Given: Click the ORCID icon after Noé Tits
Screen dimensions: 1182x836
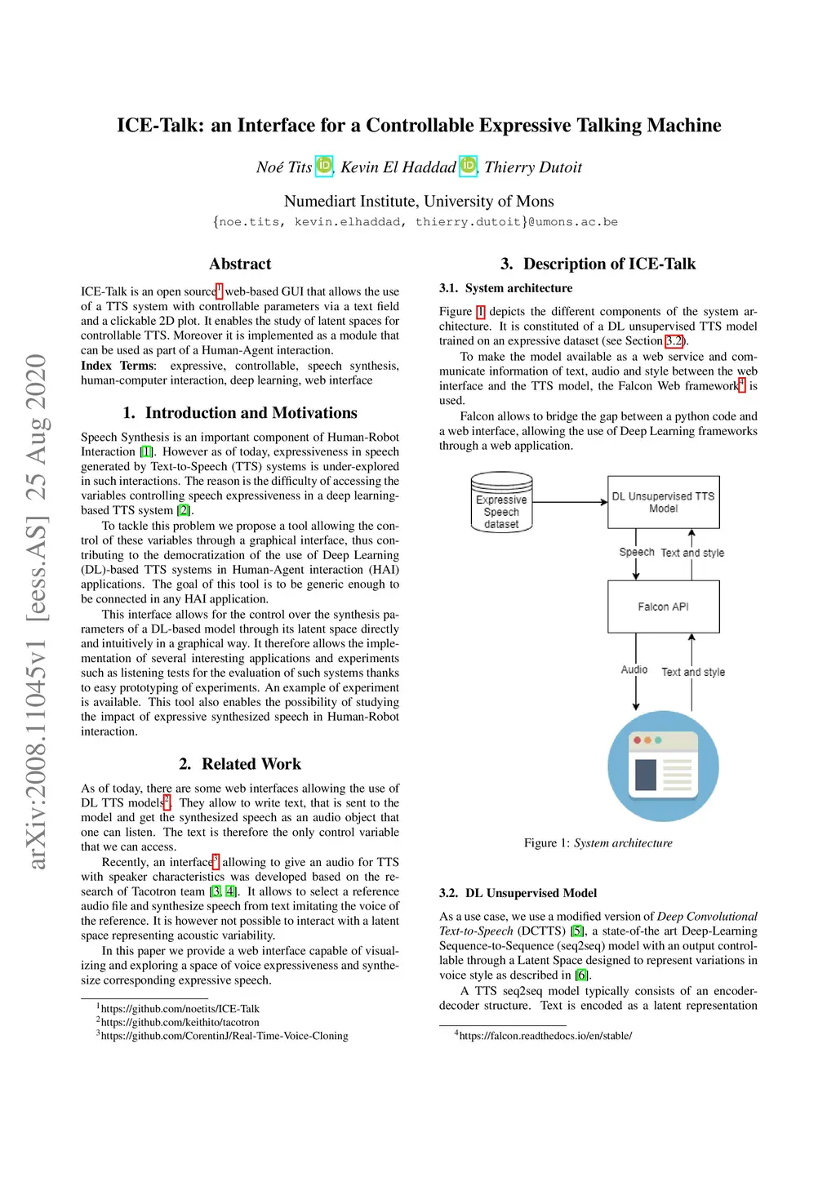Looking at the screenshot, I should tap(324, 166).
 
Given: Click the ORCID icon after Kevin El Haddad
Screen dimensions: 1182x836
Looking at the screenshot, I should tap(468, 166).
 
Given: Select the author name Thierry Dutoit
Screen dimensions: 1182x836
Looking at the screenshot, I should tap(533, 167).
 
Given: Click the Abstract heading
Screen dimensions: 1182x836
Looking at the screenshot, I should tap(240, 264).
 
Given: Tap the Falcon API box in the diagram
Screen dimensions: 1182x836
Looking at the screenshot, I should tap(663, 607).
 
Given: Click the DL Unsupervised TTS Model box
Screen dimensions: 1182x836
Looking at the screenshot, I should tap(663, 502).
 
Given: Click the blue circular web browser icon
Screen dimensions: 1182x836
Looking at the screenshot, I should tap(663, 766).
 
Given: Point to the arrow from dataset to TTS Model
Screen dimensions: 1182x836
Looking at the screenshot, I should tap(570, 502).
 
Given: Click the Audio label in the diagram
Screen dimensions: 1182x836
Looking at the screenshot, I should tap(634, 669).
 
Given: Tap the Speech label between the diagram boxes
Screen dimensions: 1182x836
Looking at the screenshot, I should tap(637, 552).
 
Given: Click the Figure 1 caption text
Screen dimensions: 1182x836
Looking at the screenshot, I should tap(598, 842).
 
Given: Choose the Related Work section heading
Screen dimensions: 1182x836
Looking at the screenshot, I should tap(240, 764).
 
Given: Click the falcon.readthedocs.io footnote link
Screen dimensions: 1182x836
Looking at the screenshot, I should tap(545, 1036).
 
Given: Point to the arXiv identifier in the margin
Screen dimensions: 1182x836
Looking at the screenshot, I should tap(37, 612).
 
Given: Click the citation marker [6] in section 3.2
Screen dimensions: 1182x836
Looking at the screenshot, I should tap(581, 975).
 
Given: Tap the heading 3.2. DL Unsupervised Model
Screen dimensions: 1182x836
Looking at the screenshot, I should tap(518, 893).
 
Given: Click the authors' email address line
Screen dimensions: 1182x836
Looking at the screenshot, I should tap(416, 222).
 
